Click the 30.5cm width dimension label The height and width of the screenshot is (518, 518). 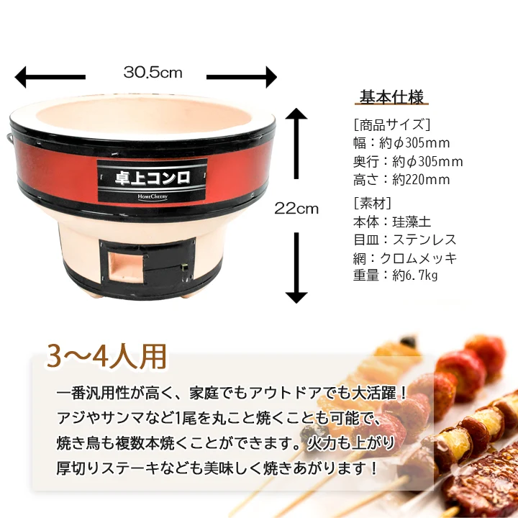tap(153, 73)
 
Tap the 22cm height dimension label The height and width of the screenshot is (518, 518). tap(296, 209)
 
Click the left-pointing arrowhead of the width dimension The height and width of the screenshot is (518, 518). tap(20, 77)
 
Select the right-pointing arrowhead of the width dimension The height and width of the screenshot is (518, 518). tap(271, 77)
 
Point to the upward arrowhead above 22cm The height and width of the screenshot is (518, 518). tap(296, 114)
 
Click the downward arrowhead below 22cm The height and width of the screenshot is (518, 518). tap(296, 298)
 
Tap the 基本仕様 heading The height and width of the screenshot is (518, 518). tap(391, 97)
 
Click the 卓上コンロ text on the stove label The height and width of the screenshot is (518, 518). tap(153, 178)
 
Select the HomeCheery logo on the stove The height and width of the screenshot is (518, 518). tap(153, 197)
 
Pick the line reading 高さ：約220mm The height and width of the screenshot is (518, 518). tap(401, 180)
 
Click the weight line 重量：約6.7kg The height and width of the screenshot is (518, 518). tap(395, 275)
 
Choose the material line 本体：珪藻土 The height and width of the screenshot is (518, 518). tap(392, 222)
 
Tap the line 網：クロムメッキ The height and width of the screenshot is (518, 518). tap(404, 258)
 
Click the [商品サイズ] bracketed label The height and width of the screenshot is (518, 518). tap(392, 125)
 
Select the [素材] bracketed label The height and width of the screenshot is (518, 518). tap(373, 204)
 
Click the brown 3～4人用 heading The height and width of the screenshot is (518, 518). tap(106, 356)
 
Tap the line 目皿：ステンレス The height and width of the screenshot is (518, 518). tap(404, 240)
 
